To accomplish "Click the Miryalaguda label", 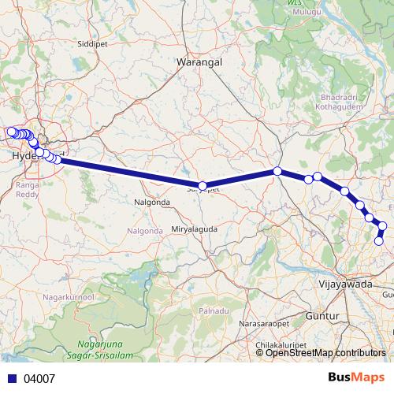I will coord(195,229).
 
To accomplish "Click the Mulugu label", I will coord(307,13).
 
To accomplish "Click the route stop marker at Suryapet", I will coord(203,187).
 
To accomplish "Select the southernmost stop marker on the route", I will coord(379,241).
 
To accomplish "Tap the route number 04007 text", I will coord(39,378).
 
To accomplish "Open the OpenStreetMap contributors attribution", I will coord(325,353).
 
